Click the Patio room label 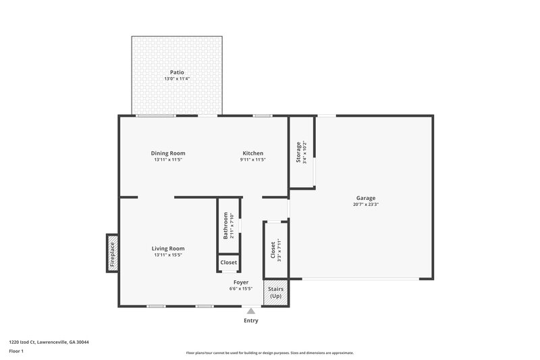coord(177,72)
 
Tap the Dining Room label coord(168,153)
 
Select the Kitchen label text coord(253,153)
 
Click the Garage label coord(366,198)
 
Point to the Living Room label coord(168,249)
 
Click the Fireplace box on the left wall coord(113,253)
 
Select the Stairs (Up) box coord(276,292)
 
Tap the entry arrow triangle coord(251,311)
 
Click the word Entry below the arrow coord(251,321)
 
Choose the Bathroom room coord(228,226)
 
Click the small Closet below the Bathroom coord(228,263)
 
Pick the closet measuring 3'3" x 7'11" coord(275,249)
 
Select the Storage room coord(302,153)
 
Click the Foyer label coord(241,282)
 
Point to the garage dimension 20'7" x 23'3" coord(366,205)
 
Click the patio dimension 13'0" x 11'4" coord(177,79)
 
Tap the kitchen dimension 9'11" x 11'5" coord(253,160)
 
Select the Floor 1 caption coord(17,352)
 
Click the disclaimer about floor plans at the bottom coord(269,353)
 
